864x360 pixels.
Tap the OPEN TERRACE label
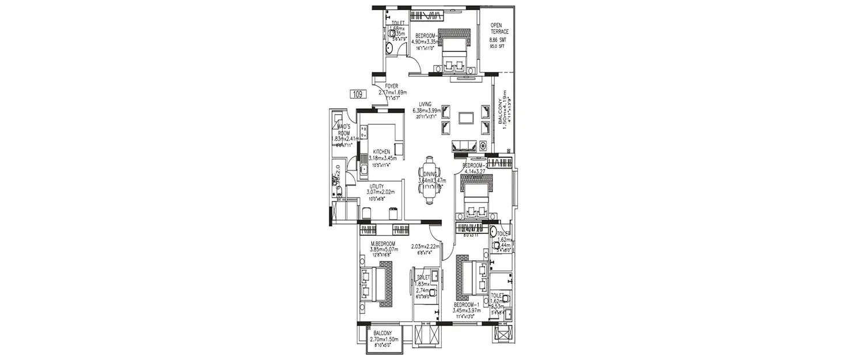(x=499, y=28)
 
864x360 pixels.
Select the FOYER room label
(x=392, y=86)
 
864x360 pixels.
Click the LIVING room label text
(x=426, y=104)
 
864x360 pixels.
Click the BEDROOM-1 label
(x=466, y=310)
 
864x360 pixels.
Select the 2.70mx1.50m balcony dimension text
(x=383, y=340)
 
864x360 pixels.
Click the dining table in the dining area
(x=429, y=180)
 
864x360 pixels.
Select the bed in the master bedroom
(x=376, y=284)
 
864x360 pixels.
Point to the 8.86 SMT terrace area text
(x=499, y=40)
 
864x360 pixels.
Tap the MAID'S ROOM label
(x=344, y=129)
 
